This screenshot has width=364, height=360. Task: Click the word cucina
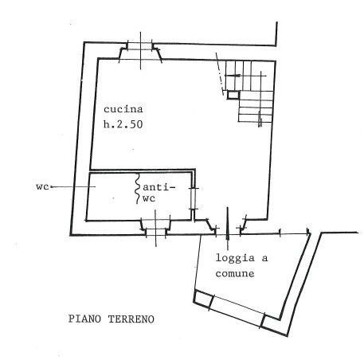click(123, 109)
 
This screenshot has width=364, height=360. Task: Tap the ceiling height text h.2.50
click(123, 124)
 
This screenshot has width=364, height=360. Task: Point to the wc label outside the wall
click(42, 186)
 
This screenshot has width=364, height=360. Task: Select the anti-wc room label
click(159, 193)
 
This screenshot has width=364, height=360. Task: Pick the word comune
click(235, 274)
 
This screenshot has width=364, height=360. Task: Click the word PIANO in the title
click(84, 319)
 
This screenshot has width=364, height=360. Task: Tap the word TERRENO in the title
click(131, 319)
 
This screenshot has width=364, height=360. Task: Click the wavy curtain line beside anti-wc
click(137, 189)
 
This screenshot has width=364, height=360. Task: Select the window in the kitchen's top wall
click(140, 50)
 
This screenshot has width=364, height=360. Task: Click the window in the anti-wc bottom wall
click(155, 228)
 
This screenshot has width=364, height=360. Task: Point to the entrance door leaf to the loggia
click(227, 224)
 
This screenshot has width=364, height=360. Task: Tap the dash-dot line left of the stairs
click(220, 73)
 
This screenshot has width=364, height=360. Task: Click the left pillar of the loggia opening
click(204, 299)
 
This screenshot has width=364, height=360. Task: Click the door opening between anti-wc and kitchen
click(194, 198)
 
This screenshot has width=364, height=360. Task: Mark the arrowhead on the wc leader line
click(51, 187)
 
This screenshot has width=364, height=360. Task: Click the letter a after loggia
click(264, 258)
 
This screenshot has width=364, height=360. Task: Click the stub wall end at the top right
click(276, 34)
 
